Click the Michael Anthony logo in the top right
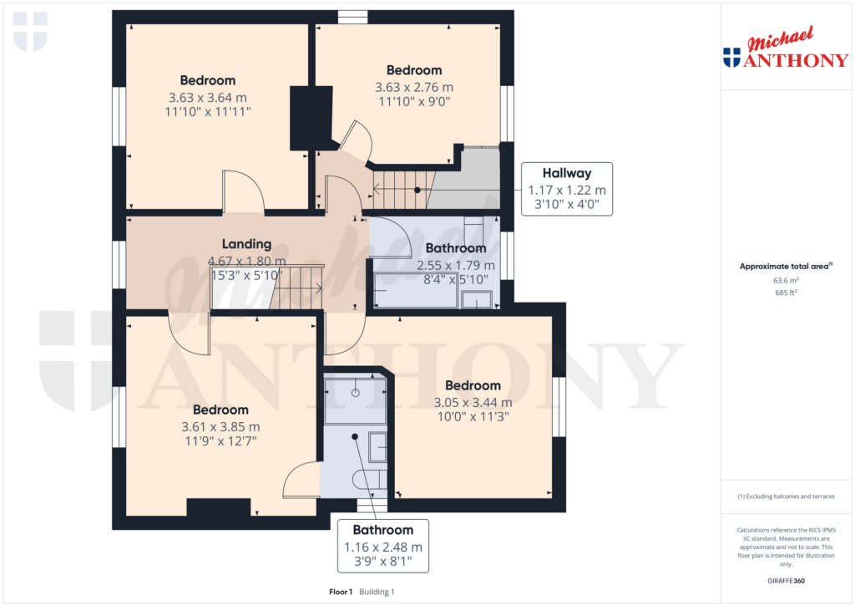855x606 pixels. pyautogui.click(x=785, y=48)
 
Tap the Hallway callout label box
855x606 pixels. pyautogui.click(x=567, y=189)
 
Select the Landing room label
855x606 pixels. pyautogui.click(x=246, y=244)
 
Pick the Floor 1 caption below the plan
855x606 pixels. pyautogui.click(x=341, y=592)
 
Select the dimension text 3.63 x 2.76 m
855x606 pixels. pyautogui.click(x=414, y=87)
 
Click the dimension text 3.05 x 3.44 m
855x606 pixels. pyautogui.click(x=473, y=402)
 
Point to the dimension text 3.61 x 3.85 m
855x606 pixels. pyautogui.click(x=220, y=426)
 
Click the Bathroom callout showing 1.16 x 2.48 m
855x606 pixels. pyautogui.click(x=382, y=546)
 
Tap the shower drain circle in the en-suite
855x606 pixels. pyautogui.click(x=356, y=392)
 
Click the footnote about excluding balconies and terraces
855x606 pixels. pyautogui.click(x=785, y=497)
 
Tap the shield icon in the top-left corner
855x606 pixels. pyautogui.click(x=30, y=32)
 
